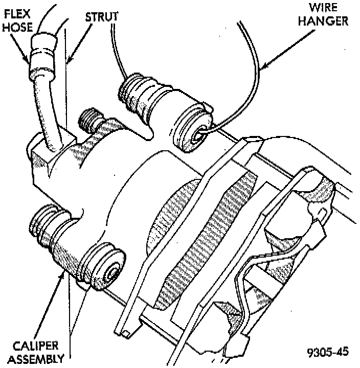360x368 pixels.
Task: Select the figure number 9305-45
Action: tap(328, 352)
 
